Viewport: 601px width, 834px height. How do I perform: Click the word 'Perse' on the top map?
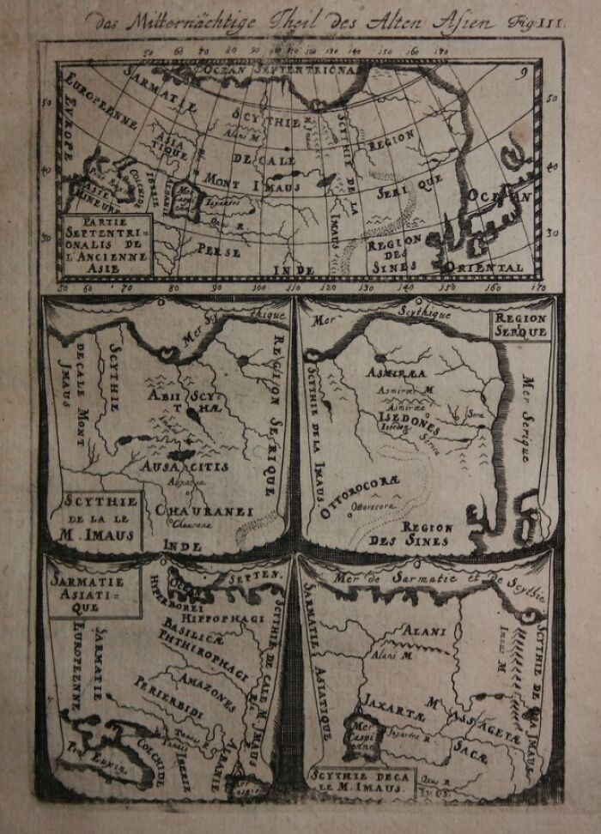[219, 250]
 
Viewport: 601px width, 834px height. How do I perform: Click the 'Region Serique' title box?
[519, 324]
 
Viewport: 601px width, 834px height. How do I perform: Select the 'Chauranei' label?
[204, 511]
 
